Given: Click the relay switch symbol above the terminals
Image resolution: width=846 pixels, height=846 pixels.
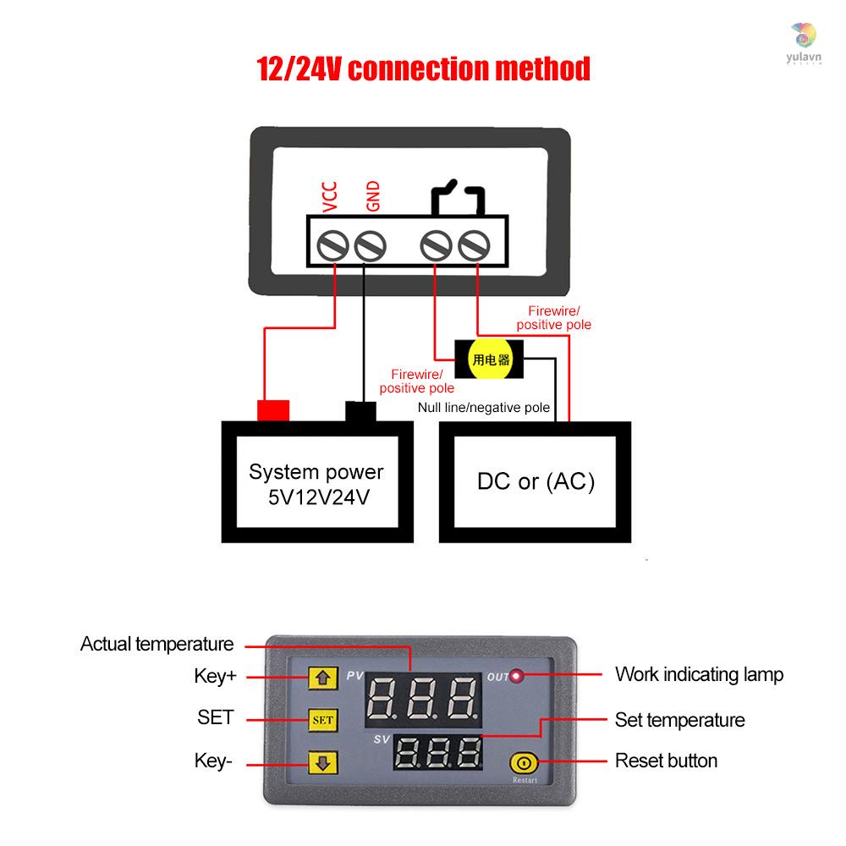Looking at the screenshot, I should click(458, 196).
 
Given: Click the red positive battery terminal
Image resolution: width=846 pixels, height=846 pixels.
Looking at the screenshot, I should click(272, 409).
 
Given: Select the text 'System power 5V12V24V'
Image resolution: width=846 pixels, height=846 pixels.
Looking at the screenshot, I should click(316, 484).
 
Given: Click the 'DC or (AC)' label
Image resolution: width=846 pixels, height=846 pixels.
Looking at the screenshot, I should click(536, 482).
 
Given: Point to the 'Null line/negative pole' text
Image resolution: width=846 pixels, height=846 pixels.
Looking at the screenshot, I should click(485, 408).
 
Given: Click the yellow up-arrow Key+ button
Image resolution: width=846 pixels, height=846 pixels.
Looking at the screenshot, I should click(322, 678).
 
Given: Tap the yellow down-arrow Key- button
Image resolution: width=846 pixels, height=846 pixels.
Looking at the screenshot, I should click(322, 763).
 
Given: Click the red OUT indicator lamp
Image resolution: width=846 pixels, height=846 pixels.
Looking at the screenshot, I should click(518, 677).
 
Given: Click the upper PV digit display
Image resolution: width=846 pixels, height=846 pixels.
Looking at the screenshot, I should click(424, 699).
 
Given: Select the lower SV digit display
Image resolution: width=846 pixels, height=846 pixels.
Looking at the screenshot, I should click(438, 751).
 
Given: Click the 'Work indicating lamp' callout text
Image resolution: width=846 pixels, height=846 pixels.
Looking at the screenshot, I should click(699, 674).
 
